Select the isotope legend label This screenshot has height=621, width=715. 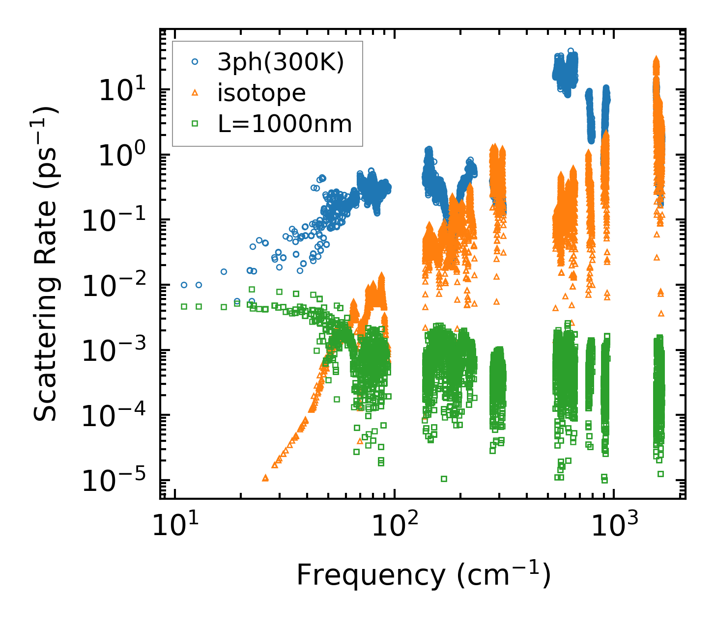coord(261,93)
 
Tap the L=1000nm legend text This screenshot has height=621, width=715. coord(285,124)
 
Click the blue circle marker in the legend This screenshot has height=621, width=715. coord(195,62)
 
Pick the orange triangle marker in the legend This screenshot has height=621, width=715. coord(195,93)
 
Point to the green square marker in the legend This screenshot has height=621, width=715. coord(195,124)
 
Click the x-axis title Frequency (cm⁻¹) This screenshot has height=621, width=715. coord(423,575)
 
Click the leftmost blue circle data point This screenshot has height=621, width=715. coord(184,285)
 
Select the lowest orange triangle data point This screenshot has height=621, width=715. coord(265,478)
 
